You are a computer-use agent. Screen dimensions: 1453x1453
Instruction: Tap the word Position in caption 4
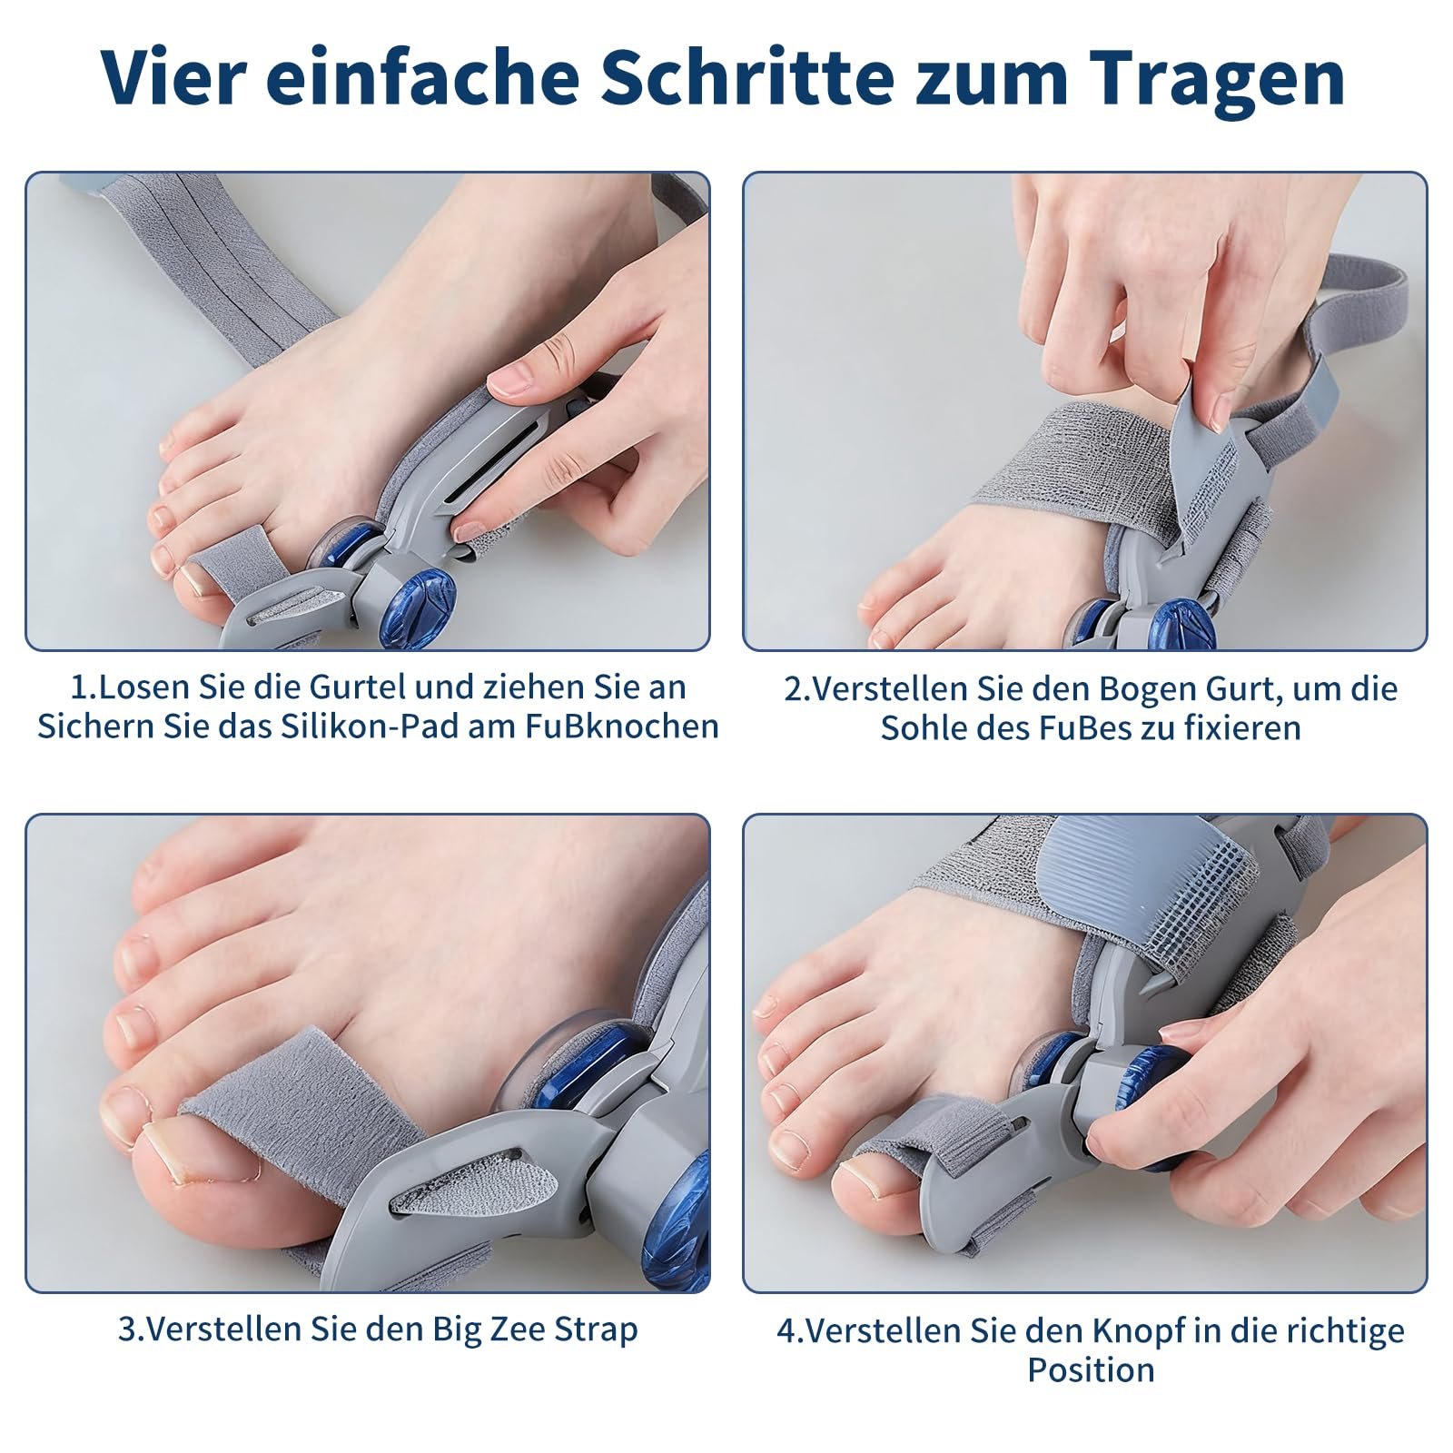[1091, 1369]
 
